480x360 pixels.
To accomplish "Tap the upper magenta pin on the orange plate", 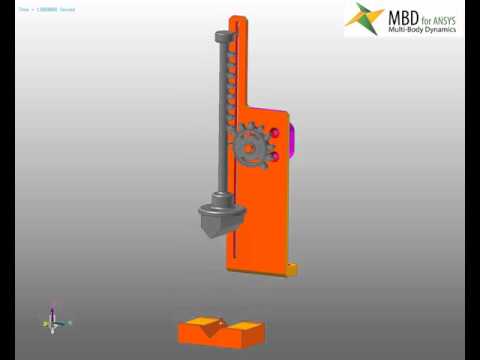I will click(x=273, y=133).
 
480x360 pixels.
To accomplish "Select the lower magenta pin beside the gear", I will click(x=273, y=156).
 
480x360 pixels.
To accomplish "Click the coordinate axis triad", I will click(x=54, y=321).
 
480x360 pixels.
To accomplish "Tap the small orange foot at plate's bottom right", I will click(x=291, y=268).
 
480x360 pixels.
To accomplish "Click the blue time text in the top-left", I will click(x=46, y=9).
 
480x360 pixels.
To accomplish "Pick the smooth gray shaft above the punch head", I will click(x=219, y=120).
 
